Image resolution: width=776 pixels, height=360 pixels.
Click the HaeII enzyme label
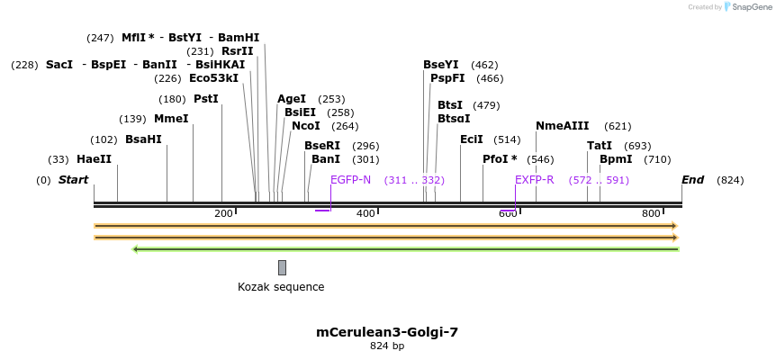pyautogui.click(x=94, y=159)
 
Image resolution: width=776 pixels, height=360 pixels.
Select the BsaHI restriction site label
pyautogui.click(x=143, y=139)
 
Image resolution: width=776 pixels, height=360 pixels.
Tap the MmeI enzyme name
pyautogui.click(x=171, y=119)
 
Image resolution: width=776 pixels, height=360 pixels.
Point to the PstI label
pyautogui.click(x=206, y=99)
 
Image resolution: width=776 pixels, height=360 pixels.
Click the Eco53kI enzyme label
pyautogui.click(x=213, y=78)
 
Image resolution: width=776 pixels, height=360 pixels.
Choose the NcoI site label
pyautogui.click(x=306, y=126)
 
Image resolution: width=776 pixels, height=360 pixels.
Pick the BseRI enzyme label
pyautogui.click(x=322, y=146)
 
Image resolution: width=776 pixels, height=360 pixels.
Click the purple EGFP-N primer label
pyautogui.click(x=350, y=180)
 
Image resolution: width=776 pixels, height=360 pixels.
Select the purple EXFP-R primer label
pyautogui.click(x=535, y=180)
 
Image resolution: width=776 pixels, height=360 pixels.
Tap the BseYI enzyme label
pyautogui.click(x=441, y=65)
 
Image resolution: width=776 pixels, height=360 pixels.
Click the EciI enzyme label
pyautogui.click(x=472, y=139)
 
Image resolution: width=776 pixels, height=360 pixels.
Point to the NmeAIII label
pyautogui.click(x=563, y=126)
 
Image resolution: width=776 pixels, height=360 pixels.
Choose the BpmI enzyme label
pyautogui.click(x=616, y=159)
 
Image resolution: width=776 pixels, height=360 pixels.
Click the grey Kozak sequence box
pyautogui.click(x=282, y=267)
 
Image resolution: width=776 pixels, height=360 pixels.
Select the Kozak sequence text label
pyautogui.click(x=281, y=287)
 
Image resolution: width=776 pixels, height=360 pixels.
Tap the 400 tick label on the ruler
pyautogui.click(x=365, y=213)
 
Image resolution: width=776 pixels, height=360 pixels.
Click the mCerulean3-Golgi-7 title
pyautogui.click(x=387, y=332)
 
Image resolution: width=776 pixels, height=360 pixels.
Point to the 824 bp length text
pyautogui.click(x=387, y=346)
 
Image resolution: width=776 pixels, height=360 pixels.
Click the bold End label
pyautogui.click(x=692, y=180)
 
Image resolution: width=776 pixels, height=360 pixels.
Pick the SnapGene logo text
pyautogui.click(x=752, y=7)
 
